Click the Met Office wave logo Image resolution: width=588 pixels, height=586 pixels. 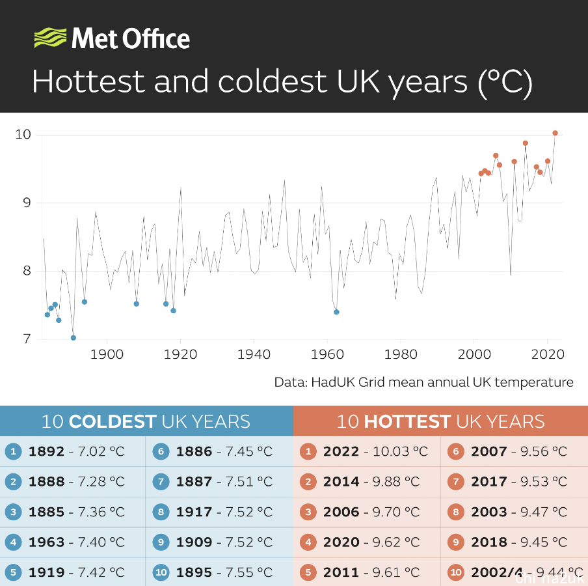pyautogui.click(x=49, y=38)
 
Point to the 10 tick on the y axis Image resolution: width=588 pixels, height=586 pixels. pyautogui.click(x=23, y=135)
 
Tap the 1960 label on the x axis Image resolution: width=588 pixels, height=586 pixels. pyautogui.click(x=327, y=354)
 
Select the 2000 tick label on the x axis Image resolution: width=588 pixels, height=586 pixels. pyautogui.click(x=474, y=354)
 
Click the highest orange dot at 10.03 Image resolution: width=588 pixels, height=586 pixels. pyautogui.click(x=555, y=133)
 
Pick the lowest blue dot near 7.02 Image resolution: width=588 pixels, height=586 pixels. pyautogui.click(x=73, y=338)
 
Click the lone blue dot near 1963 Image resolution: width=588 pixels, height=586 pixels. pyautogui.click(x=336, y=312)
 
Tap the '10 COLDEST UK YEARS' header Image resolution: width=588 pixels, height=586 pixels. pyautogui.click(x=146, y=421)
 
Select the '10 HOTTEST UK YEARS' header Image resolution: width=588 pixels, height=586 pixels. pyautogui.click(x=440, y=421)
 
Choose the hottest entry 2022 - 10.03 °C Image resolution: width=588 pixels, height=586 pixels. pyautogui.click(x=375, y=451)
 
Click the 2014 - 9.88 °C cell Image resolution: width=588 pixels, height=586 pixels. pyautogui.click(x=371, y=482)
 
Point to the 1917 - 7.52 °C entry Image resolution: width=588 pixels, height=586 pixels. pyautogui.click(x=224, y=512)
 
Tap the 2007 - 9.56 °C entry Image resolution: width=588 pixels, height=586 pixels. pyautogui.click(x=518, y=451)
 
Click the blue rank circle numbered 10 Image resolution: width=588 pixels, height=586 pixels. pyautogui.click(x=161, y=573)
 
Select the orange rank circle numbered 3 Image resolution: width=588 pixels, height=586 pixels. pyautogui.click(x=309, y=512)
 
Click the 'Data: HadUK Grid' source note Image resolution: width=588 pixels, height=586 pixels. pyautogui.click(x=423, y=382)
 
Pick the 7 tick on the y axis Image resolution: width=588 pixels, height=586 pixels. pyautogui.click(x=27, y=339)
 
